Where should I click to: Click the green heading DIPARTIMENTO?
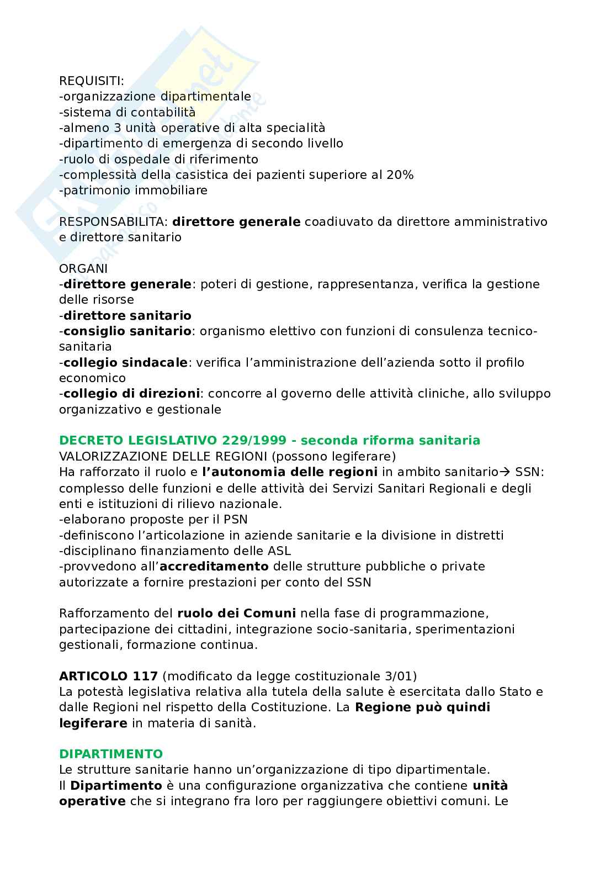111,754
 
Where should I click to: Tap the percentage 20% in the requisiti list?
400,175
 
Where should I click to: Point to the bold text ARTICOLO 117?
108,675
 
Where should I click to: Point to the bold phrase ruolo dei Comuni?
236,613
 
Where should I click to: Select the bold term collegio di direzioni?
131,394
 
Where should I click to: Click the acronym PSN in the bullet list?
236,519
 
